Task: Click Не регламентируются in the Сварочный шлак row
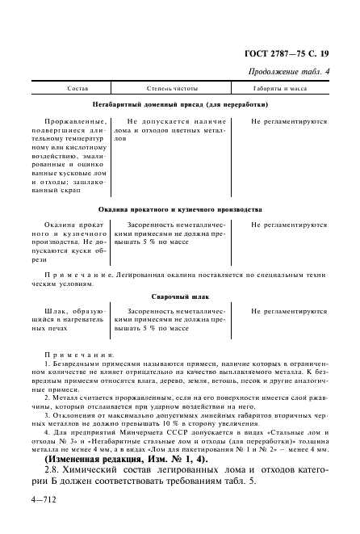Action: pyautogui.click(x=288, y=311)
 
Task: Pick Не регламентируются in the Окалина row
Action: pyautogui.click(x=288, y=224)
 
